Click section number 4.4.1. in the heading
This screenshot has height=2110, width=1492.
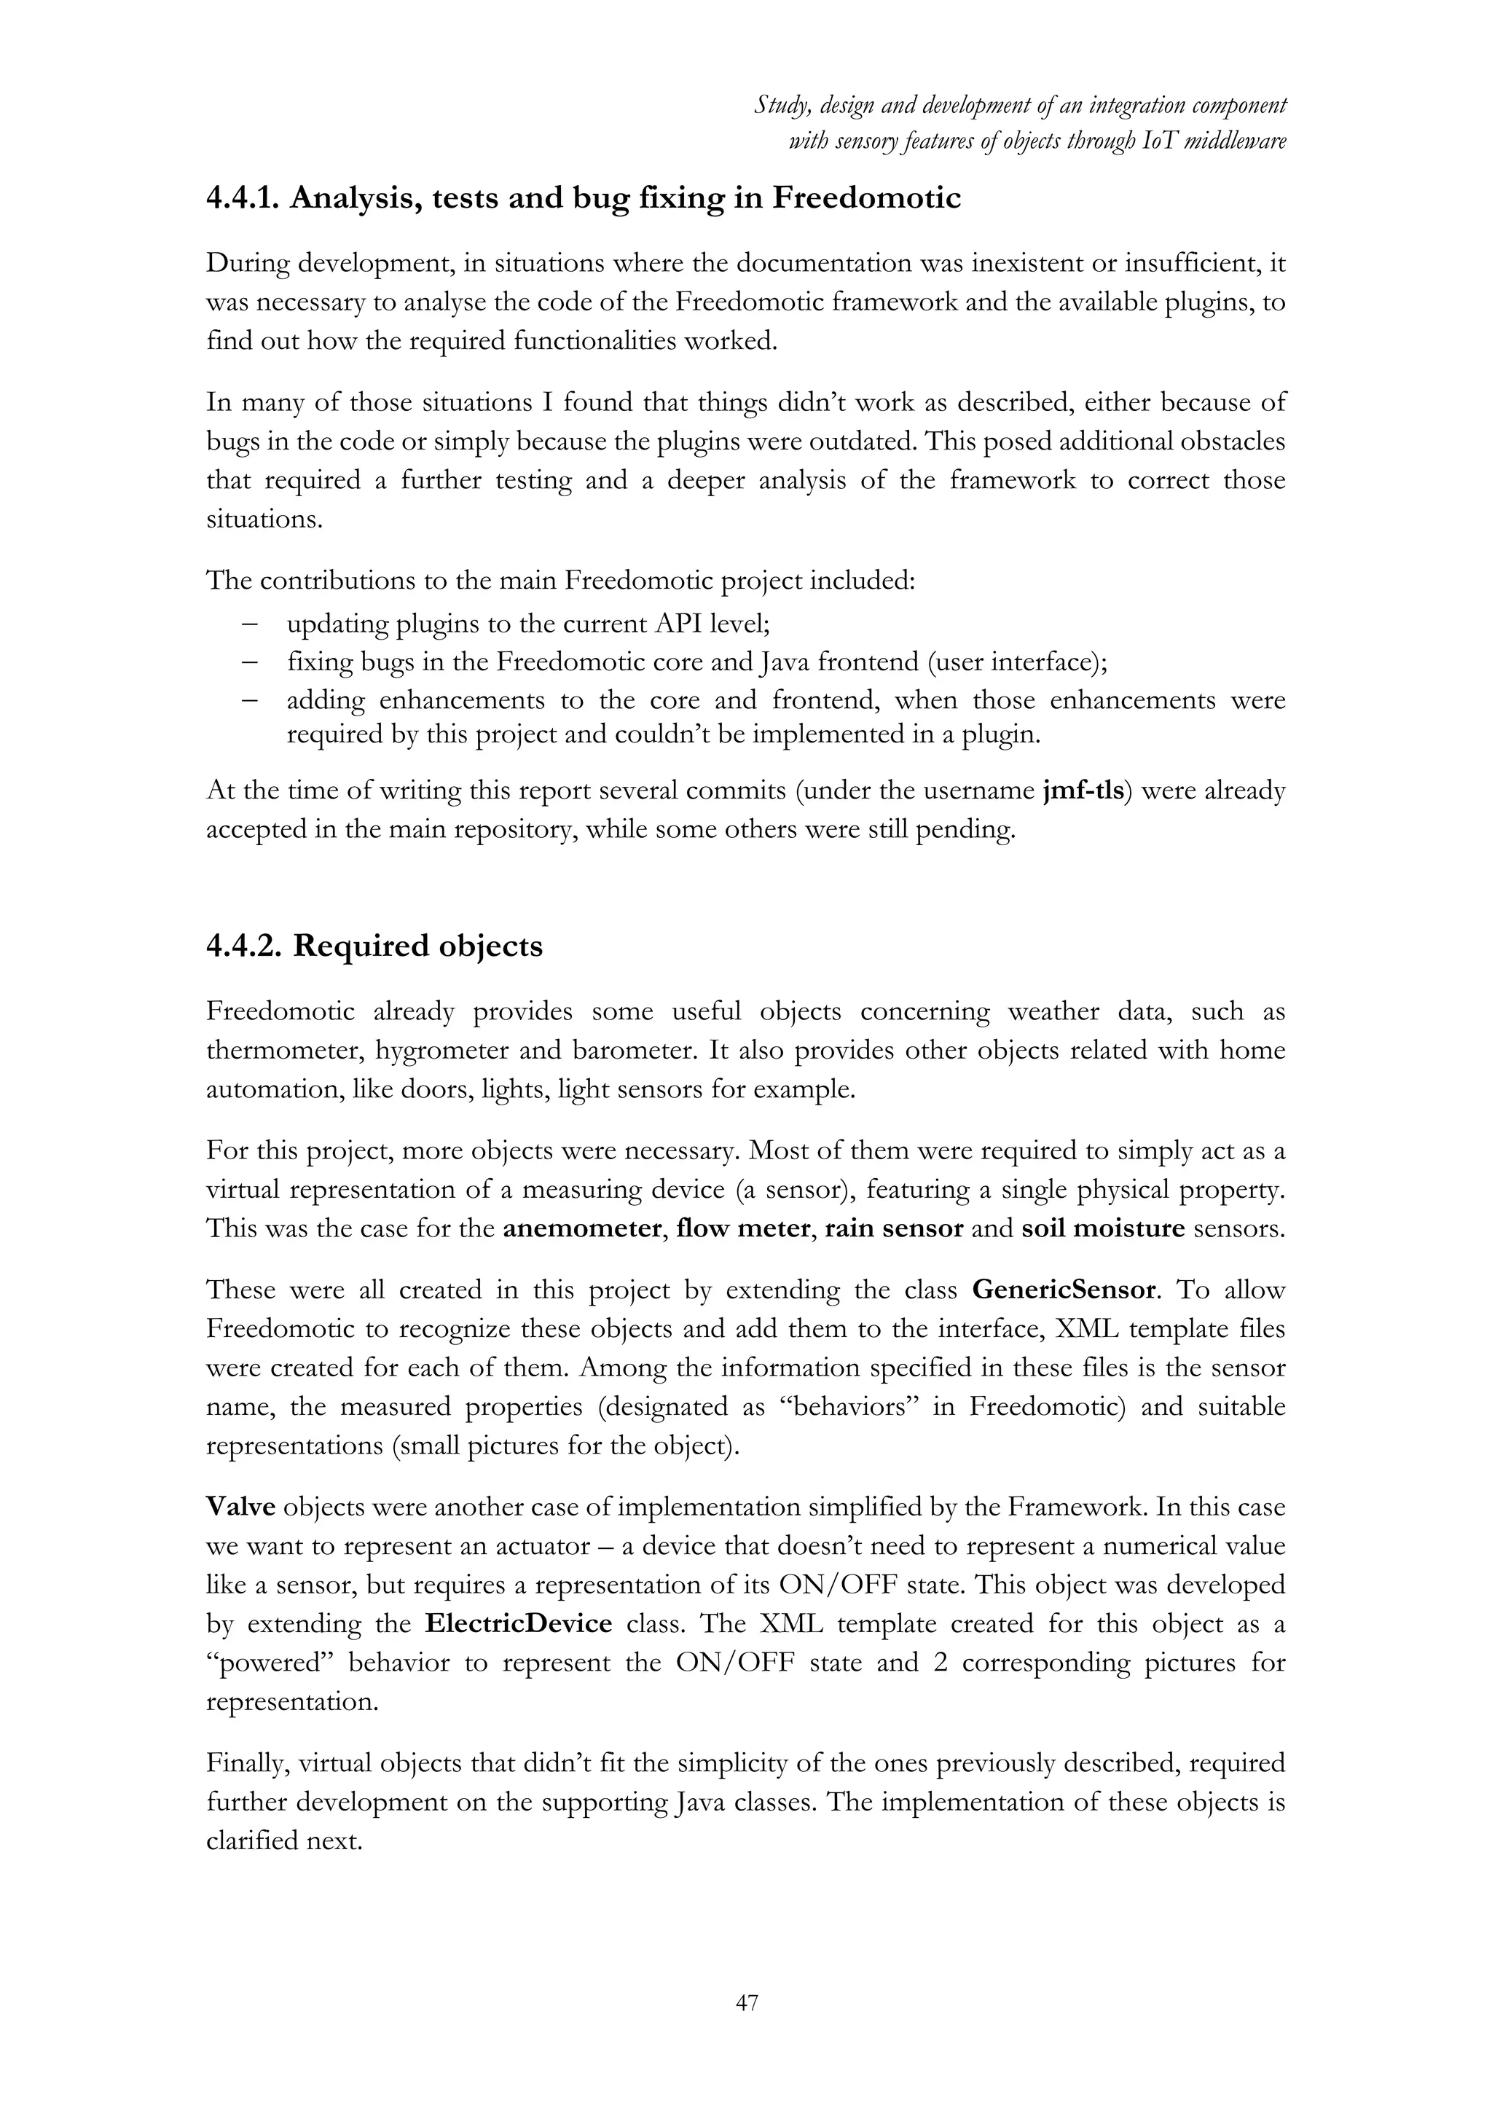click(x=243, y=197)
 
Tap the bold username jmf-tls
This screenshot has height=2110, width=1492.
click(x=1084, y=791)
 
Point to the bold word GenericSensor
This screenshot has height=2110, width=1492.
click(x=1063, y=1290)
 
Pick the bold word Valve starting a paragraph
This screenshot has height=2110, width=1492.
click(x=240, y=1508)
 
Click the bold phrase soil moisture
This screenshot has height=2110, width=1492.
click(x=1102, y=1228)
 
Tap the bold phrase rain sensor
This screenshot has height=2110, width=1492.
click(x=893, y=1228)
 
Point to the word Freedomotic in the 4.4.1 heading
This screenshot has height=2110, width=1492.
click(x=865, y=197)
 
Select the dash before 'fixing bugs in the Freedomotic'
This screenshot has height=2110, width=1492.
click(x=249, y=662)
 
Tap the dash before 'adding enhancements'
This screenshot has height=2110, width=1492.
click(x=249, y=700)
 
